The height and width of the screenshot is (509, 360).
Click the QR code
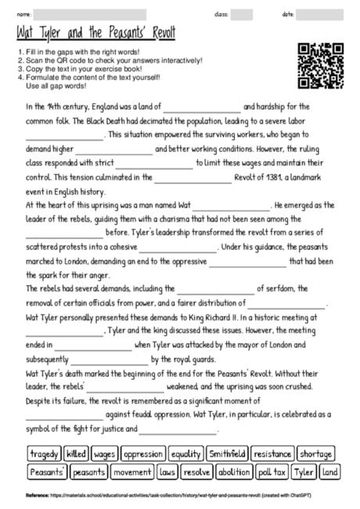tap(321, 67)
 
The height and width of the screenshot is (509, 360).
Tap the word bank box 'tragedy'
tap(45, 453)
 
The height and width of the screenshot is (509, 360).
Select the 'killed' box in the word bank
tap(77, 453)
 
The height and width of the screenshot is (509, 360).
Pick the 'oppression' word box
tap(143, 453)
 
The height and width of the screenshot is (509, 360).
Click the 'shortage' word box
tap(315, 453)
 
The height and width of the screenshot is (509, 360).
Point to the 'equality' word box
tap(186, 453)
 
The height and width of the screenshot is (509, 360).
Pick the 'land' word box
tap(329, 472)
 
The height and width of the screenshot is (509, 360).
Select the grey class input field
tap(242, 14)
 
